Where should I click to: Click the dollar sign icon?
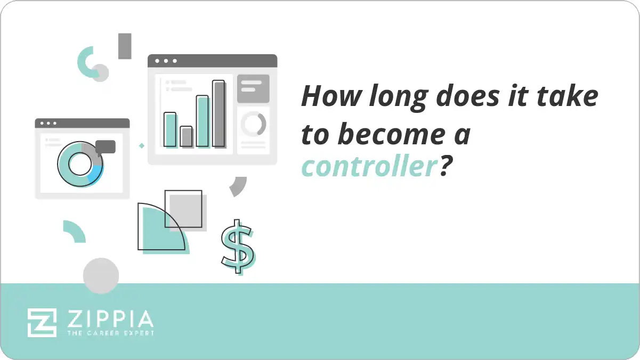pyautogui.click(x=237, y=246)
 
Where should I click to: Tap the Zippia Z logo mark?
pyautogui.click(x=42, y=323)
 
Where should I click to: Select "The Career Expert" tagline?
pyautogui.click(x=110, y=333)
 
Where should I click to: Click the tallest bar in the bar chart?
pyautogui.click(x=218, y=113)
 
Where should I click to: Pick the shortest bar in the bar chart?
pyautogui.click(x=186, y=136)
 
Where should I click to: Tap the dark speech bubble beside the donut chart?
pyautogui.click(x=106, y=146)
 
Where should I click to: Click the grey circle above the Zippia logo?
pyautogui.click(x=101, y=276)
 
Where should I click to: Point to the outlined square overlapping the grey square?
pyautogui.click(x=183, y=208)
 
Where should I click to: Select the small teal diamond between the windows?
pyautogui.click(x=142, y=145)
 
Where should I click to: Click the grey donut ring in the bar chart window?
pyautogui.click(x=253, y=124)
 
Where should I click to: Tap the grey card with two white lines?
pyautogui.click(x=253, y=88)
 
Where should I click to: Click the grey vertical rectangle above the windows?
pyautogui.click(x=125, y=46)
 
